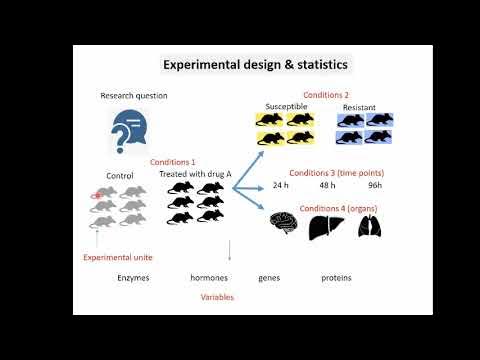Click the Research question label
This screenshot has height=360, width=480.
[133, 96]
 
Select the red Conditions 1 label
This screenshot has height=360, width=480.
[172, 161]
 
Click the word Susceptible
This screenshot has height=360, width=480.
[287, 106]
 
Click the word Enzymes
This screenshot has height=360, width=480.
[133, 277]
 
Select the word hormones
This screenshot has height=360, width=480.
[210, 277]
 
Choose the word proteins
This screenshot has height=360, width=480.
[337, 277]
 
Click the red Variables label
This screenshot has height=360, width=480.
[218, 297]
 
